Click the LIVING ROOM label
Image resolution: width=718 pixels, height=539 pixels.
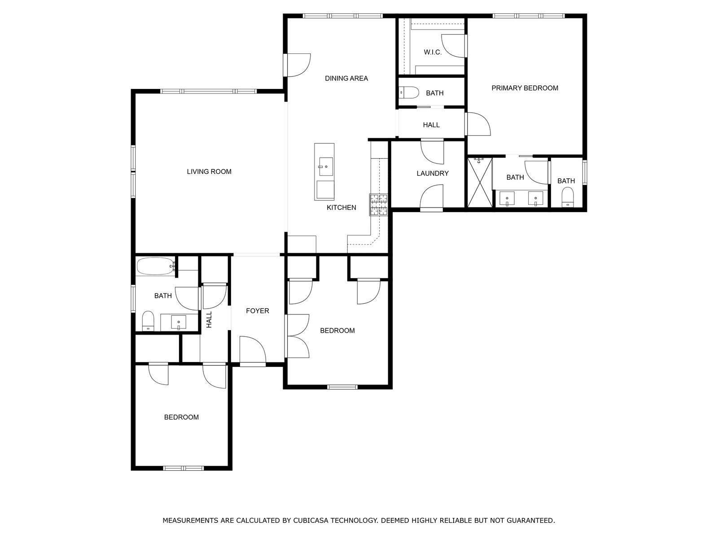coord(209,172)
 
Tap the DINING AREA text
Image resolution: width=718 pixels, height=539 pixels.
coord(346,78)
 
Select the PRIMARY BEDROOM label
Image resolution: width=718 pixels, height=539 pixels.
coord(525,88)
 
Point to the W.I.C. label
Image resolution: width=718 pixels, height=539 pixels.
coord(433,52)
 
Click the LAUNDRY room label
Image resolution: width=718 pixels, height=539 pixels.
coord(433,173)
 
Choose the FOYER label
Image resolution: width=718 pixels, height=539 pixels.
coord(258,311)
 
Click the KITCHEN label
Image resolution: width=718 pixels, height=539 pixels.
coord(341,208)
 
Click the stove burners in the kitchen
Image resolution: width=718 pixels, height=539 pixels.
coord(378,205)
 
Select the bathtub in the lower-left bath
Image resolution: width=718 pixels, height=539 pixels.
coord(155,266)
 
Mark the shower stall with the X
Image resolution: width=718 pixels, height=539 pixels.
coord(480,182)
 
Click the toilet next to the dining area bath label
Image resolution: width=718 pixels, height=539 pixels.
coord(409,93)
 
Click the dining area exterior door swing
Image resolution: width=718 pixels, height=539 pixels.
coord(298,65)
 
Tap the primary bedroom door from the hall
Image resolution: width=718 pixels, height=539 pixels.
coord(479,124)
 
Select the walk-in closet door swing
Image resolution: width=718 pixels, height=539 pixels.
coord(453,46)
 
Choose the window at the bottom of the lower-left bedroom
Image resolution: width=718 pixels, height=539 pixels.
coord(184,468)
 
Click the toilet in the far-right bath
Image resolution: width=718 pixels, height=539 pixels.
coord(568,197)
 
